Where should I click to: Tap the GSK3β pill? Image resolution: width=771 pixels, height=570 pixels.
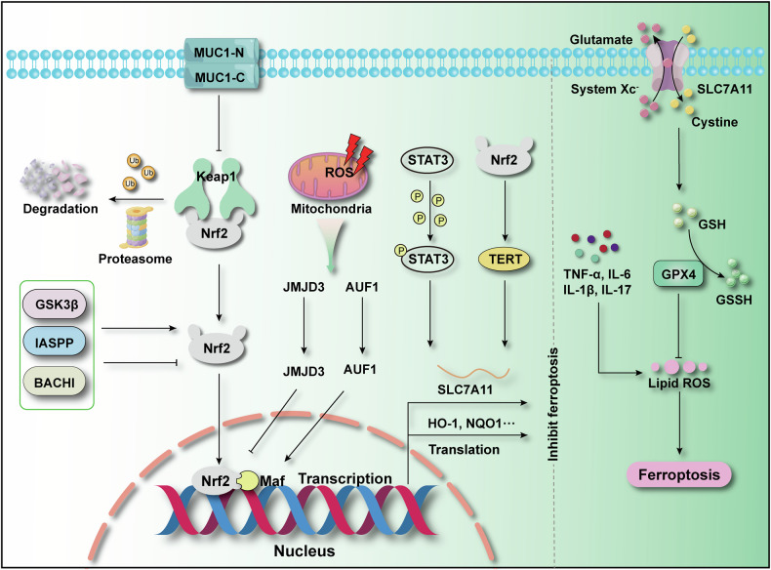tap(57, 305)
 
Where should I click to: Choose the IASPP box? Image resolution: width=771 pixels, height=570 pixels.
tap(56, 343)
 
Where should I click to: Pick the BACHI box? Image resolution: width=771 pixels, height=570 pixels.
tap(55, 382)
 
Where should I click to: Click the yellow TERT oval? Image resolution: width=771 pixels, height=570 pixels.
tap(505, 260)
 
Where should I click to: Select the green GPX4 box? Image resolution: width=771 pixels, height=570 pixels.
tap(678, 274)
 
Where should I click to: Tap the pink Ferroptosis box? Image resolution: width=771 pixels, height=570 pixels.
tap(679, 475)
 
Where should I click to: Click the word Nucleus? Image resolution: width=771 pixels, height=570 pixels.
tap(304, 550)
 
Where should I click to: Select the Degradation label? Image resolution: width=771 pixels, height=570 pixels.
tap(61, 209)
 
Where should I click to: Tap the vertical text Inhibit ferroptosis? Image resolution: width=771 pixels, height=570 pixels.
tap(554, 404)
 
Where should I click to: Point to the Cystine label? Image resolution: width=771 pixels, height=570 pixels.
tap(714, 122)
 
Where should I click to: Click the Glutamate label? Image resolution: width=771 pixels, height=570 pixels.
tap(601, 40)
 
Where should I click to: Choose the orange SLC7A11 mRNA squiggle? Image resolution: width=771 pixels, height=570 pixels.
tap(473, 372)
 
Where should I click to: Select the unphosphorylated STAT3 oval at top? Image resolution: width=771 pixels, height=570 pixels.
tap(427, 161)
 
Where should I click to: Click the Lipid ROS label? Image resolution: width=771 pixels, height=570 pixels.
tap(679, 384)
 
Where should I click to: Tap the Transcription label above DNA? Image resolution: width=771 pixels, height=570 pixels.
tap(345, 478)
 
